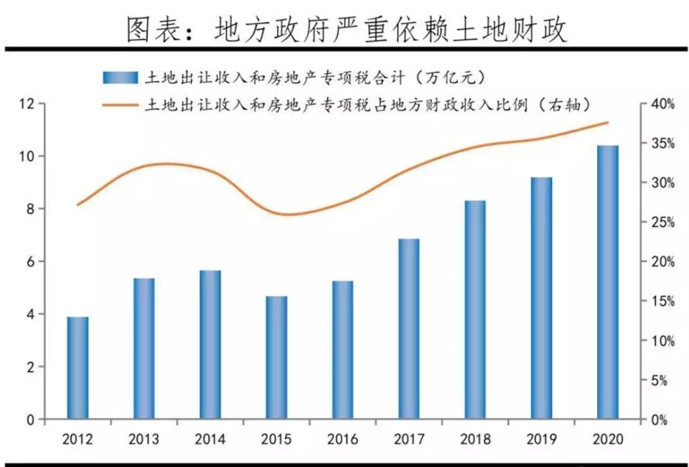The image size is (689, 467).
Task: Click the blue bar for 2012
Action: (x=78, y=368)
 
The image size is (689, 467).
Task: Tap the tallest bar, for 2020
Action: (x=608, y=282)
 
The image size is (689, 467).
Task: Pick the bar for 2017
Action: (x=409, y=329)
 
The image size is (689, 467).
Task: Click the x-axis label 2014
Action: (x=210, y=440)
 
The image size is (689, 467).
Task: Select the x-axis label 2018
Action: (x=475, y=440)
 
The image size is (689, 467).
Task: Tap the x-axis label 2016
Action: (x=343, y=440)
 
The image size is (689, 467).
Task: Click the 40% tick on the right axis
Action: (x=661, y=104)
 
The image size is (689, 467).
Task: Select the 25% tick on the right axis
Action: (x=661, y=223)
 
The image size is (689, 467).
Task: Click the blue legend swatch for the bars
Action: (x=120, y=78)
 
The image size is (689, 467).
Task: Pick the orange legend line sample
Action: (x=120, y=104)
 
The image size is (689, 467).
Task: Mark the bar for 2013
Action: (x=144, y=349)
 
